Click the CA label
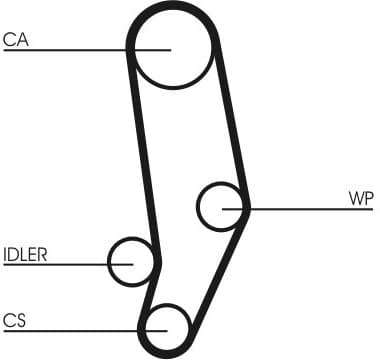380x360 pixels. click(15, 39)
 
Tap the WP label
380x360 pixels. click(361, 198)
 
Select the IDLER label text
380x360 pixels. click(25, 254)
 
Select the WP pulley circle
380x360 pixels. click(222, 207)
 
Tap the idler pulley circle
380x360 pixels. click(132, 262)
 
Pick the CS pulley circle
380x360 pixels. click(165, 327)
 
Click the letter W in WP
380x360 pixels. click(356, 198)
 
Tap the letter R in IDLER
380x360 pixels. click(42, 254)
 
